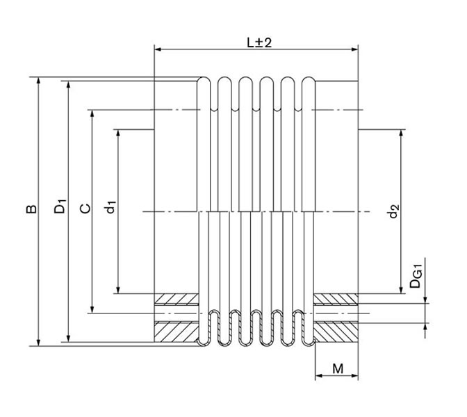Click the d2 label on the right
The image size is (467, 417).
pos(393,211)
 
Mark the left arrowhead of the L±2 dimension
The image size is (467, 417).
pos(158,49)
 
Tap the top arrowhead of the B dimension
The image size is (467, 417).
pos(39,81)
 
